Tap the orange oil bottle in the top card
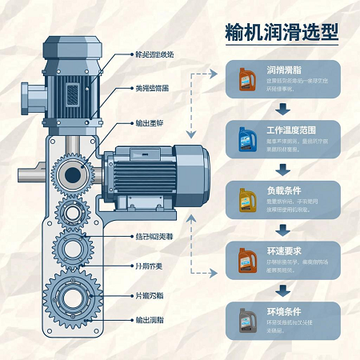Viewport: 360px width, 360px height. [x=246, y=79]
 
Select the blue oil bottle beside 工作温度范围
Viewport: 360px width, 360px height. [x=246, y=139]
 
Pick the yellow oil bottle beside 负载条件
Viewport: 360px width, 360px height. [x=246, y=199]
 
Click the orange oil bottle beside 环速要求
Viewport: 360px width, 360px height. [x=246, y=259]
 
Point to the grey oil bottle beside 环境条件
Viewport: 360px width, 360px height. [x=246, y=319]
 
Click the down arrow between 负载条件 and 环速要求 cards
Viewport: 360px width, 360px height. [x=282, y=230]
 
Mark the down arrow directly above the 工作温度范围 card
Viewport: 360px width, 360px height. [x=282, y=110]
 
